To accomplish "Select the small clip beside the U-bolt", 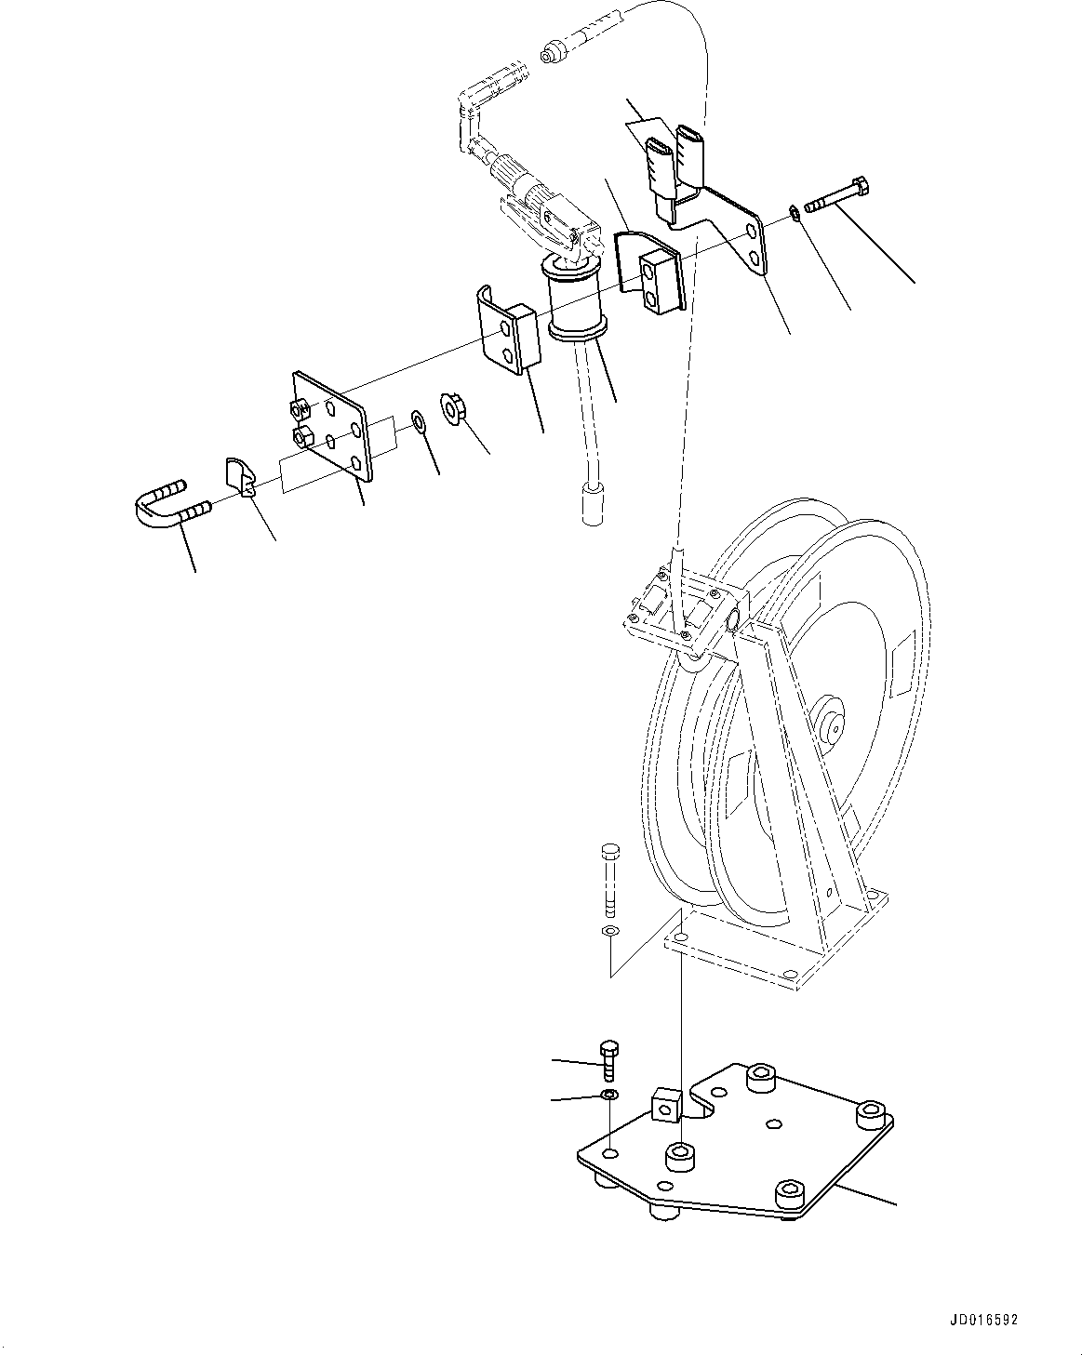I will pyautogui.click(x=240, y=475).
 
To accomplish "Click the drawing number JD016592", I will pyautogui.click(x=983, y=1321).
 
